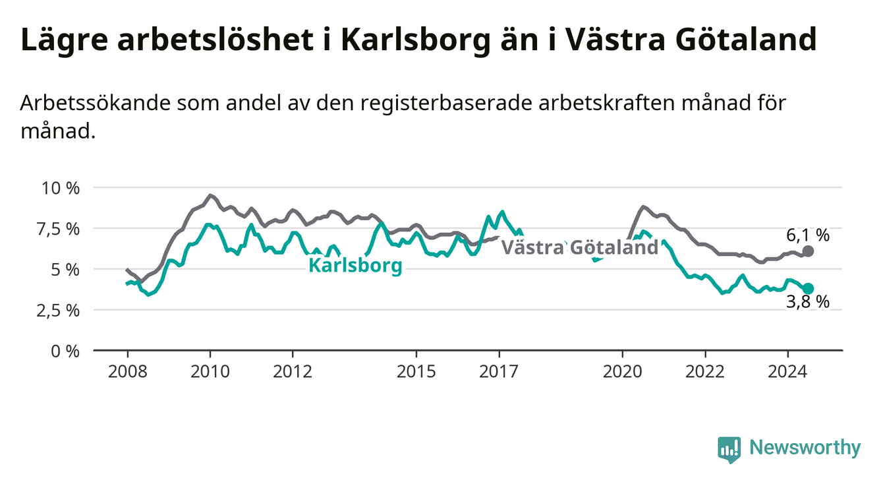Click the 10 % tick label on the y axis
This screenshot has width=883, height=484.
coord(61,188)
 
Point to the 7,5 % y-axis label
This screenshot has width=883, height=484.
coord(59,229)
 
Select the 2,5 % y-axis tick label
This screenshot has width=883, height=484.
coord(59,311)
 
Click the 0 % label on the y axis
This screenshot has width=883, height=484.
coord(65,351)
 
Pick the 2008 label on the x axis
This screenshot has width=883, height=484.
coord(127,372)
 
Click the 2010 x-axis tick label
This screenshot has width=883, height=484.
coord(210,372)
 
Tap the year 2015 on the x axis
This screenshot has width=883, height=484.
coord(416,372)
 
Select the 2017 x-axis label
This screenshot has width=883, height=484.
coord(499,372)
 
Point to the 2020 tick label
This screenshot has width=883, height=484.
coord(623,372)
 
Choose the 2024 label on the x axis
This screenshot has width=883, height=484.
coord(787,372)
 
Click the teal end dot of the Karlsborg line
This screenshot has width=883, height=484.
coord(808,288)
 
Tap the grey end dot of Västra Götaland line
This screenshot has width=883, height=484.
coord(808,251)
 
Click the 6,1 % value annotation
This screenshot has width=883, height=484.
coord(808,235)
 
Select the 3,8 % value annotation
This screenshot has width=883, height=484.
coord(808,302)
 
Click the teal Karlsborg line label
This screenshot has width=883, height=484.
coord(355,266)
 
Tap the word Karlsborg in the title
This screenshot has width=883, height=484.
coord(416,40)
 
